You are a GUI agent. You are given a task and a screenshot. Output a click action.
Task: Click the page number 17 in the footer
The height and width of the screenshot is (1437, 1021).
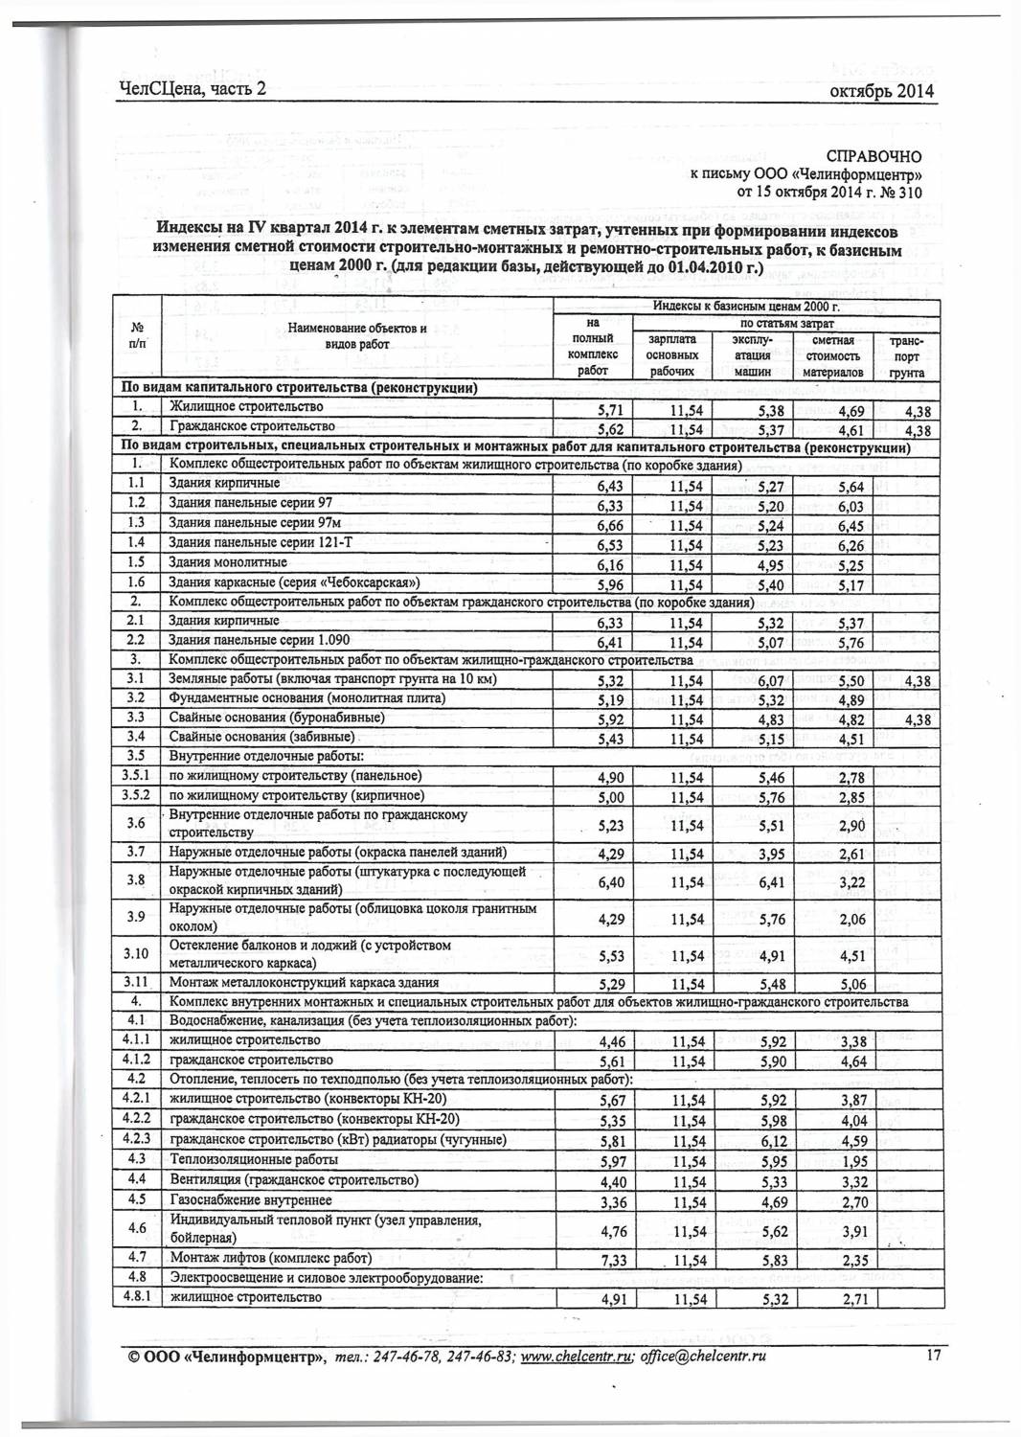pos(936,1355)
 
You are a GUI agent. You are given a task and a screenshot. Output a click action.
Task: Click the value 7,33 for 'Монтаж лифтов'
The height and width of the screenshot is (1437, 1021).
pos(611,1262)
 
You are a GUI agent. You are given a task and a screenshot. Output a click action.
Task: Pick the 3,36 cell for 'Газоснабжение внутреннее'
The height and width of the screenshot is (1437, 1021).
pos(612,1202)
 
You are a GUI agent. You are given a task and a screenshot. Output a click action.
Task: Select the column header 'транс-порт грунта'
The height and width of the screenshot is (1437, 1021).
pos(905,356)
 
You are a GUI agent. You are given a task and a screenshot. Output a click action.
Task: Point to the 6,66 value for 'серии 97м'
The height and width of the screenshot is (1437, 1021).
pos(610,526)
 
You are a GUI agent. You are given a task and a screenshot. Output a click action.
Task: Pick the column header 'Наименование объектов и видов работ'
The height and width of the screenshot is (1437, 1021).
pos(357,335)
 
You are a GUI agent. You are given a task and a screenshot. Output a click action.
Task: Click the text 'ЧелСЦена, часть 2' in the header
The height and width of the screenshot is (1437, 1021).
pos(191,90)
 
